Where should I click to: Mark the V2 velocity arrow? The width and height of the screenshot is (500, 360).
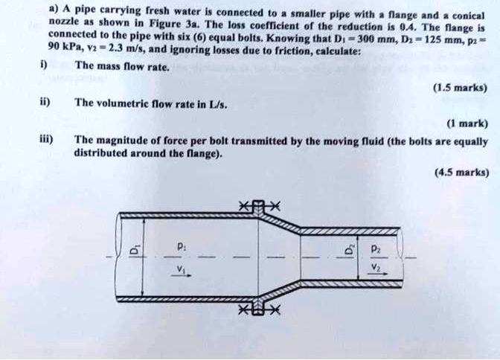coord(377,272)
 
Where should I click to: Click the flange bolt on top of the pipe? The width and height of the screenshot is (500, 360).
coord(258,205)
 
